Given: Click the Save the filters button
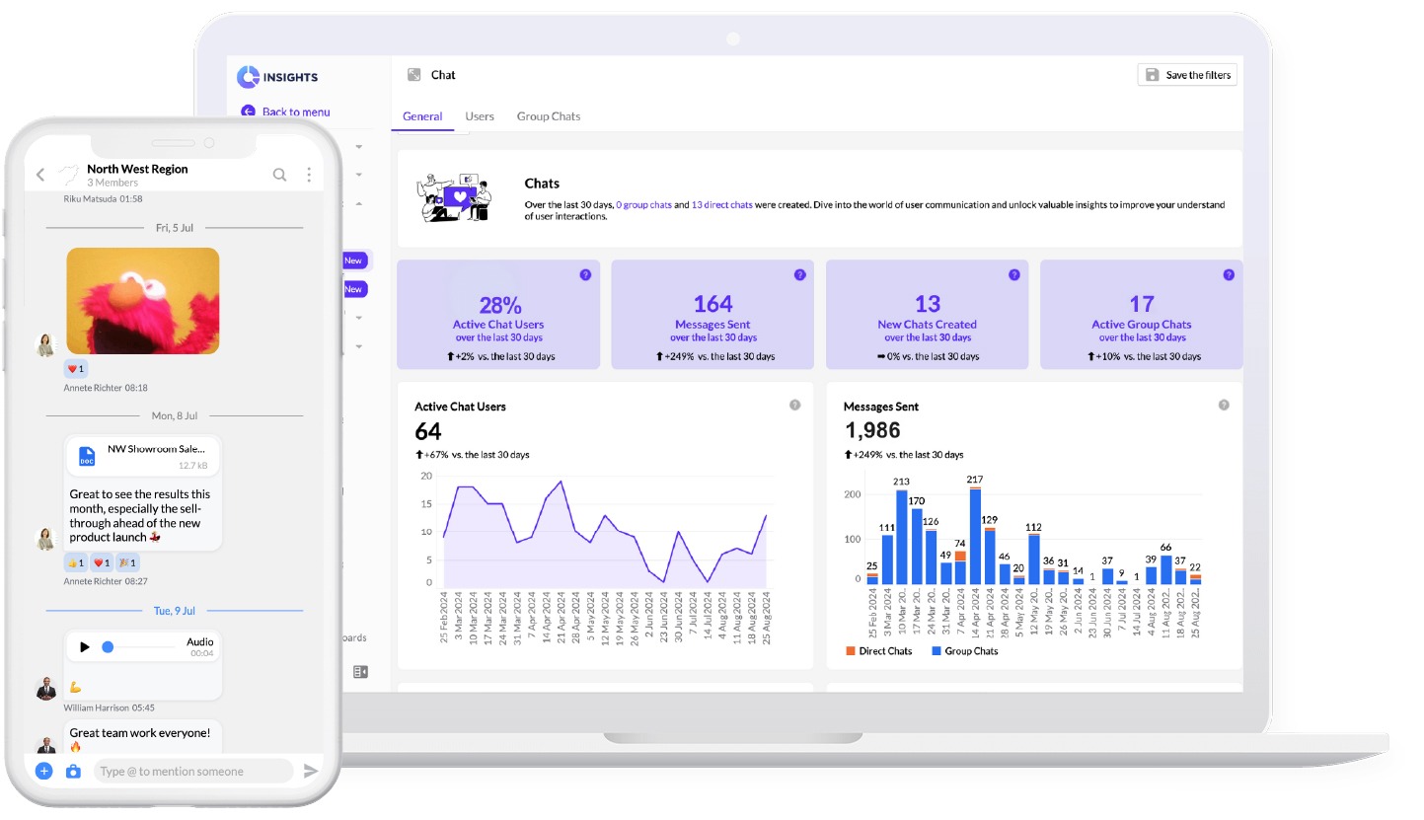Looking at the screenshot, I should click(x=1187, y=75).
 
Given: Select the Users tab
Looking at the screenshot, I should click(x=480, y=116).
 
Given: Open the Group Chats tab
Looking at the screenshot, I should click(x=548, y=116).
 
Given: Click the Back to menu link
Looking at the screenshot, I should click(x=295, y=112).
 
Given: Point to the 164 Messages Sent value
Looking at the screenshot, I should click(x=712, y=304).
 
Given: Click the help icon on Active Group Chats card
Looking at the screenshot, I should click(x=1229, y=275).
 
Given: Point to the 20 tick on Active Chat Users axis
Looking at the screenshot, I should click(x=426, y=476).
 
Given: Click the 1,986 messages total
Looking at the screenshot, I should click(x=872, y=430).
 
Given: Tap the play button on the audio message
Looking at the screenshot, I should click(x=85, y=647).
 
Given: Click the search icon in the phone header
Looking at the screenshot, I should click(x=279, y=175).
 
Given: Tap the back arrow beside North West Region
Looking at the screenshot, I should click(x=40, y=175).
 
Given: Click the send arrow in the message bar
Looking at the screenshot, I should click(x=311, y=771).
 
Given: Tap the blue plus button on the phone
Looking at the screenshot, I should click(x=43, y=771).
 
